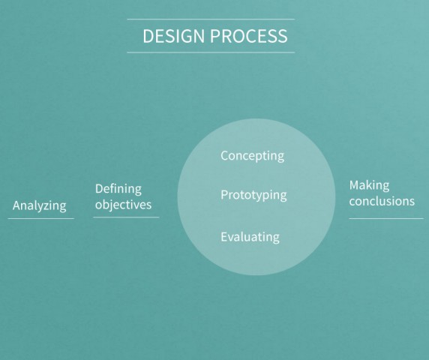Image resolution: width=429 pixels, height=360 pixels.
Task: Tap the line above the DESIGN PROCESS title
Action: [x=211, y=19]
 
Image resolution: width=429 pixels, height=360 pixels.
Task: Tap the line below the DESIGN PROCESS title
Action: [x=211, y=52]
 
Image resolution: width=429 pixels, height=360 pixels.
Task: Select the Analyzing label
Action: [x=40, y=205]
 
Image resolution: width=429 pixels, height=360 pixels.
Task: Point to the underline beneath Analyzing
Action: [x=40, y=218]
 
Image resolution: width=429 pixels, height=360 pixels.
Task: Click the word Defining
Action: [x=118, y=188]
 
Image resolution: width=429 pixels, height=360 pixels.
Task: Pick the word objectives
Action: [x=123, y=205]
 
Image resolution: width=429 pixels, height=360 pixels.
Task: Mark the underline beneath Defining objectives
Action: [x=126, y=217]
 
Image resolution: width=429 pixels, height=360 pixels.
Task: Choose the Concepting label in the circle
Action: [x=252, y=156]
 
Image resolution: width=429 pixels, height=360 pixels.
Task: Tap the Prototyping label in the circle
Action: [x=253, y=195]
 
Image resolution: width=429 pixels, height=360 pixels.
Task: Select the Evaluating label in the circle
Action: [x=250, y=237]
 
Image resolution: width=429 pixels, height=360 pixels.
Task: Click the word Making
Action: [x=369, y=185]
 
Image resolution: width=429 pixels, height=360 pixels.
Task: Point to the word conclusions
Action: [x=382, y=201]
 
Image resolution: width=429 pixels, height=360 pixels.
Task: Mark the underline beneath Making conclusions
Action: [x=385, y=218]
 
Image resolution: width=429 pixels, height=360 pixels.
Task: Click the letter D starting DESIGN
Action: [x=148, y=36]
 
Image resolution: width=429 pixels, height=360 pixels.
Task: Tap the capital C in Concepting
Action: [x=225, y=156]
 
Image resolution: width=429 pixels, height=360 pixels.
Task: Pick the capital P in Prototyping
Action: [x=224, y=195]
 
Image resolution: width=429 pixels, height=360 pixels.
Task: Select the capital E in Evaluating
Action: [x=224, y=237]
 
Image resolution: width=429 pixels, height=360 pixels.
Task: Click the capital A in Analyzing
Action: [x=17, y=205]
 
